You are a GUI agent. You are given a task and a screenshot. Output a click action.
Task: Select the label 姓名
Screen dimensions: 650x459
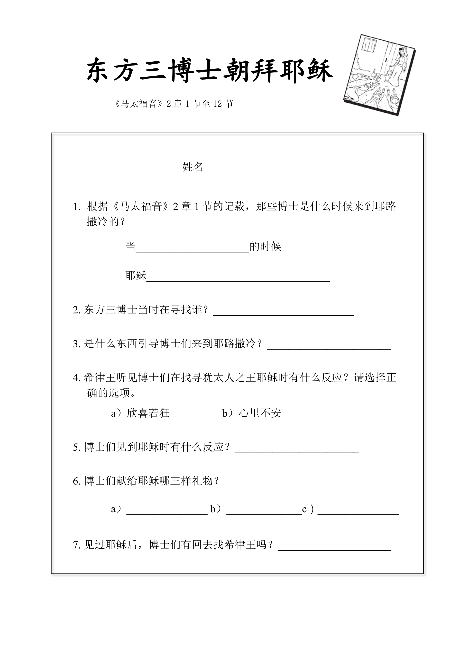pos(192,167)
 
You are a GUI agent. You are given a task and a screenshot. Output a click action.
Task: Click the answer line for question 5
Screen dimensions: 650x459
pos(297,451)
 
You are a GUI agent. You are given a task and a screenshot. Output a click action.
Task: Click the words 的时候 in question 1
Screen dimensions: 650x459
pos(265,247)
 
